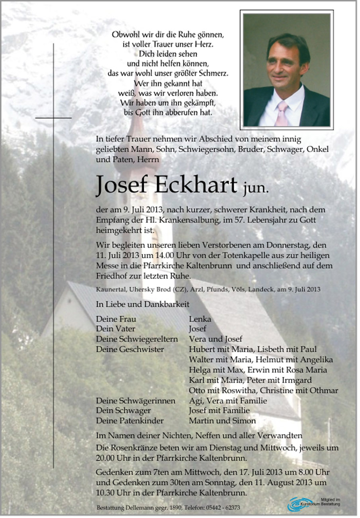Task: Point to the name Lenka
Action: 200,319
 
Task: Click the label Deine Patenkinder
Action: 130,421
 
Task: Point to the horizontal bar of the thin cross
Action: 53,118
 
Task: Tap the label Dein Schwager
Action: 123,410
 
